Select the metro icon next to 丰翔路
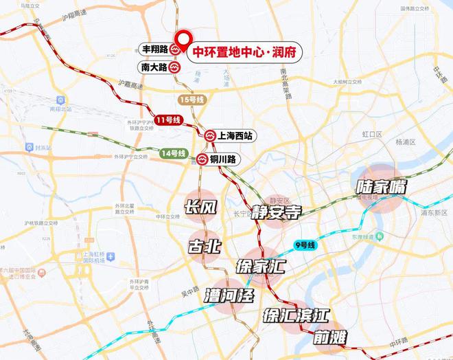tap(176, 50)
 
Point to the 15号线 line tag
tap(191, 100)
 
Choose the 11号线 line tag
tap(168, 120)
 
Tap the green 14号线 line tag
tap(173, 153)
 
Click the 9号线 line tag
tap(303, 245)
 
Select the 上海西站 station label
tap(236, 136)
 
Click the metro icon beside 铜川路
tap(202, 159)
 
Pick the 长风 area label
tap(202, 207)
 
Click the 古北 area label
tap(205, 245)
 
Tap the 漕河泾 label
tap(229, 296)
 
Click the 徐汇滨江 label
tap(296, 315)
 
